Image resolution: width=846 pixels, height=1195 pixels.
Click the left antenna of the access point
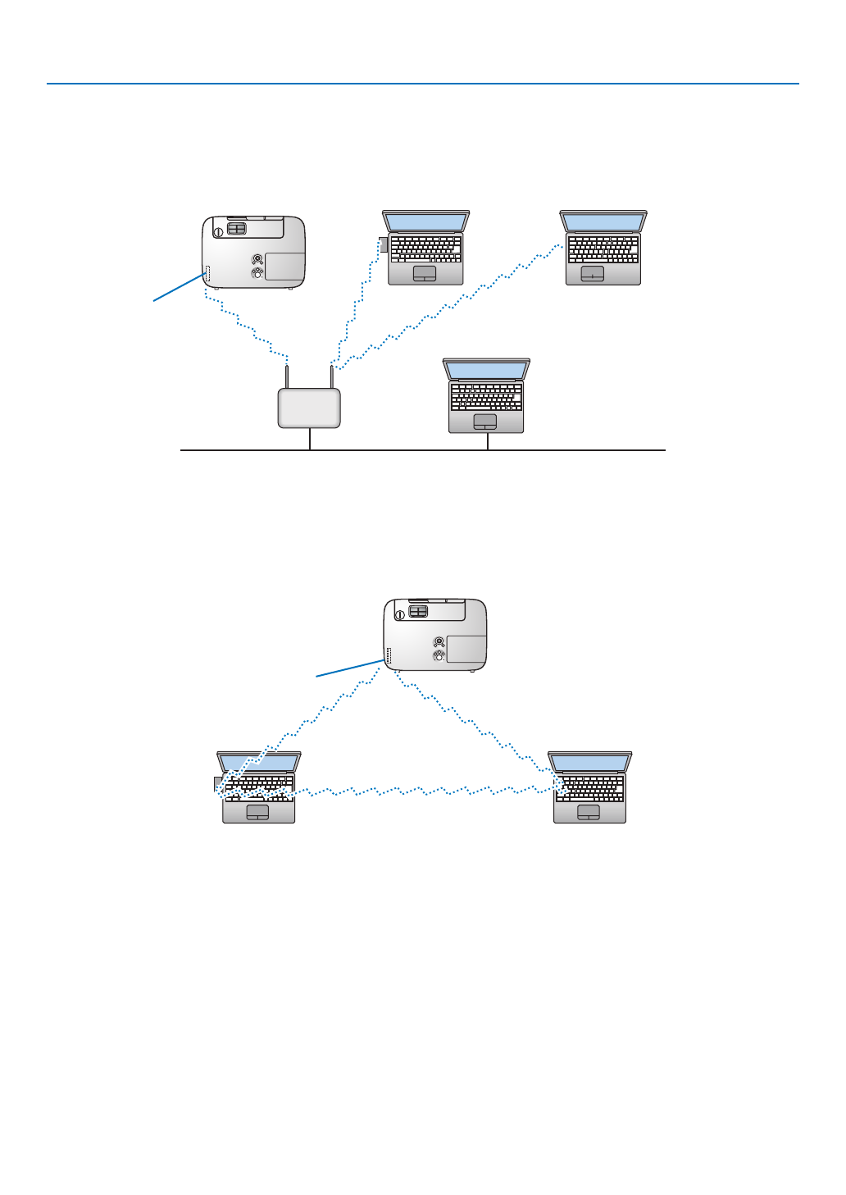tap(287, 376)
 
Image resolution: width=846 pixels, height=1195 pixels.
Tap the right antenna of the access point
tap(331, 376)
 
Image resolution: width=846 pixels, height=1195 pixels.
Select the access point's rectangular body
tap(309, 408)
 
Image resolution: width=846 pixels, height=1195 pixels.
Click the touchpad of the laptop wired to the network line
tap(485, 421)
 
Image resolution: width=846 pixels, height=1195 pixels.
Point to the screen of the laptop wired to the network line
tap(486, 370)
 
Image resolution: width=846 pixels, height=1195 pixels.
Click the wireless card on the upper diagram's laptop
tap(383, 245)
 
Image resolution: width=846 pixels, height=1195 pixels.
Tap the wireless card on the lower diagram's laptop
tap(217, 783)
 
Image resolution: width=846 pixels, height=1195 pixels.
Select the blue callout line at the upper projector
tap(179, 288)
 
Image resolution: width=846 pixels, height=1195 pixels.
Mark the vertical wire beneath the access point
tap(310, 439)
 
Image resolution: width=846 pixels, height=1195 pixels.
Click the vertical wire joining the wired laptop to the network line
tap(488, 441)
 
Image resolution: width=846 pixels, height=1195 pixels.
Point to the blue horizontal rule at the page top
tap(422, 84)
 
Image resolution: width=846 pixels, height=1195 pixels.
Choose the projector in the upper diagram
tap(253, 251)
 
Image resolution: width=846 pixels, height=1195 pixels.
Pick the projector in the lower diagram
tap(435, 634)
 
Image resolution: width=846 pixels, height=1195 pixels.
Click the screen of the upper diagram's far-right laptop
tap(603, 221)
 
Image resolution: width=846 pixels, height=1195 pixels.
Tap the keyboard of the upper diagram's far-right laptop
tap(603, 248)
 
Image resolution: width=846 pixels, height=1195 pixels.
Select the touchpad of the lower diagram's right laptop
tap(589, 811)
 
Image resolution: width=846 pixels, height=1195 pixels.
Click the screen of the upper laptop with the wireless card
tap(425, 221)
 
